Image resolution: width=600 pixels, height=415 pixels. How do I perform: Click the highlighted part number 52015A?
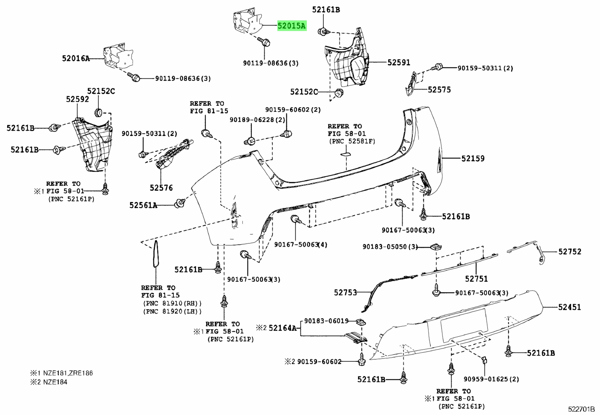[291, 26]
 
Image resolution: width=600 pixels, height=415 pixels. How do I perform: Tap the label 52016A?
[76, 59]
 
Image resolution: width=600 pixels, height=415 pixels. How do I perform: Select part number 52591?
[399, 63]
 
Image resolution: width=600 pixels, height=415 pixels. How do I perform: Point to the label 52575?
[439, 89]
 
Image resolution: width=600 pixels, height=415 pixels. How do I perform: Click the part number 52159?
[473, 159]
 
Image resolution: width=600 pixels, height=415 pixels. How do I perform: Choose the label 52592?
[77, 99]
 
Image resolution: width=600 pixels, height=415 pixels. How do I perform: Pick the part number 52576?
[161, 188]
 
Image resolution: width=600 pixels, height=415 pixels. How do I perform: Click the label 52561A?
[143, 205]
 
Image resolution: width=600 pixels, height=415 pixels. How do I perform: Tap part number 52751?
[476, 279]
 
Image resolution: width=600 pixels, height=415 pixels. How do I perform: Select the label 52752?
[570, 252]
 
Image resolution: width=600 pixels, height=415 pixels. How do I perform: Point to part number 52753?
[345, 293]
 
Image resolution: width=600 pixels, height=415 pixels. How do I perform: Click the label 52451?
[569, 307]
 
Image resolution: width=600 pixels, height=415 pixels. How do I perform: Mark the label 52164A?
[283, 328]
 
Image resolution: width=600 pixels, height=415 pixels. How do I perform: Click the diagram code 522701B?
[581, 409]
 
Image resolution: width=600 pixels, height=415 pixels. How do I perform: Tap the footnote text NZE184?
[55, 382]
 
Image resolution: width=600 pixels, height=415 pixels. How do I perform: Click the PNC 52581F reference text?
[352, 141]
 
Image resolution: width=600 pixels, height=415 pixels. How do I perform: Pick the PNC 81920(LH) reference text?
[173, 312]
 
